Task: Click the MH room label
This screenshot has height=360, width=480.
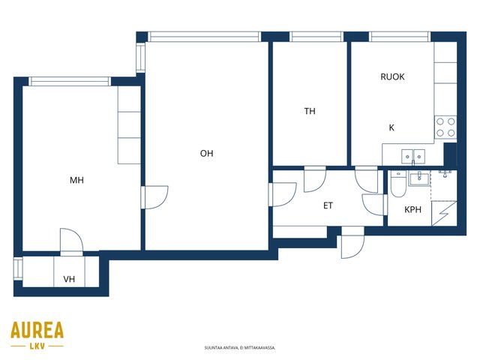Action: click(x=76, y=180)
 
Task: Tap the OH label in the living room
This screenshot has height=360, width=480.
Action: click(x=207, y=153)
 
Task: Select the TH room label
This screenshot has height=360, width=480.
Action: click(x=310, y=111)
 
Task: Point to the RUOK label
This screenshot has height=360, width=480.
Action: click(x=392, y=76)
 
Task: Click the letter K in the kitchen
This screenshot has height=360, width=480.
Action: click(x=391, y=127)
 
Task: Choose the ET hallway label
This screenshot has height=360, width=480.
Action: click(x=328, y=205)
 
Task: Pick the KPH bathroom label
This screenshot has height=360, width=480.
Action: click(x=412, y=210)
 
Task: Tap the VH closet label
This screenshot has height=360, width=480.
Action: click(x=69, y=279)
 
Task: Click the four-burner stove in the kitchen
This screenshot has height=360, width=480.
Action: click(x=445, y=127)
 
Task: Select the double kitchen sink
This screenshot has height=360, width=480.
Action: click(x=413, y=157)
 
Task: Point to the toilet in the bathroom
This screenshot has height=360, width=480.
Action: click(x=398, y=184)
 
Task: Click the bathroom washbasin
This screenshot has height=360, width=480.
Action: click(x=419, y=178)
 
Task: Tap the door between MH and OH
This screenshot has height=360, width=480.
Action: click(x=154, y=197)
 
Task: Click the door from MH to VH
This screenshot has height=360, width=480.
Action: click(x=72, y=241)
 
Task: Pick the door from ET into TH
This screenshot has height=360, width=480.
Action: click(x=315, y=179)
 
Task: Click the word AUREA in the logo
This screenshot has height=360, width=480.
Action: click(x=37, y=330)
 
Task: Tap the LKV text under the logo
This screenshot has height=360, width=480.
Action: click(x=37, y=346)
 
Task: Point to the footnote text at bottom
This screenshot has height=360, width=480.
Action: click(x=240, y=348)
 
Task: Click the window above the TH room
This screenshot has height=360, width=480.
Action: click(x=316, y=37)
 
